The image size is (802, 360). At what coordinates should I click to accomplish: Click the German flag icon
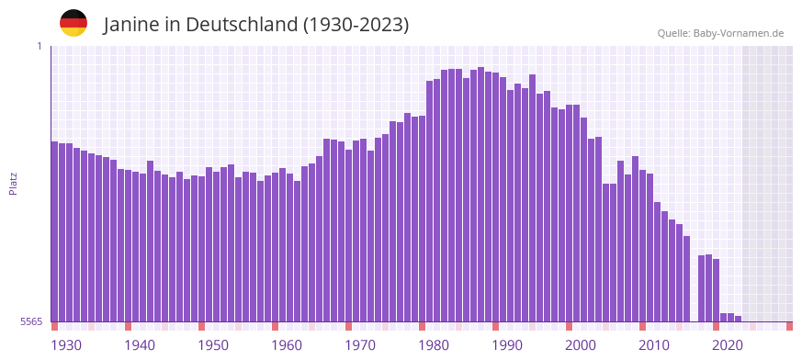73,23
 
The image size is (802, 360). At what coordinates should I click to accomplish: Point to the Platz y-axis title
13,183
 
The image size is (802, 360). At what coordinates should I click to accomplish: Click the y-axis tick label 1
40,46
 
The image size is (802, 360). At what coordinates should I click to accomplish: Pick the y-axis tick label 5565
30,321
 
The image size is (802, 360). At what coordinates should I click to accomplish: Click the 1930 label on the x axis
66,345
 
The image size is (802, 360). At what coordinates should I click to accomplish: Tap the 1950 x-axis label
213,345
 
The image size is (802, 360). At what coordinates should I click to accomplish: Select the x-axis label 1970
360,345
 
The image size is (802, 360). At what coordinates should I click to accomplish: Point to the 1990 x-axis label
507,345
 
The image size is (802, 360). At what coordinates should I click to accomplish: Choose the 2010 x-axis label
654,345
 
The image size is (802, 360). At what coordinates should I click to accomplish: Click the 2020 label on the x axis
728,345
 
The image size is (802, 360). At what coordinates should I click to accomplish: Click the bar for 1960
276,247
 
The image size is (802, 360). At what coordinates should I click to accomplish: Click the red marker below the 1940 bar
129,326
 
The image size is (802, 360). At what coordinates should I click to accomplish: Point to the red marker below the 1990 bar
496,326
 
